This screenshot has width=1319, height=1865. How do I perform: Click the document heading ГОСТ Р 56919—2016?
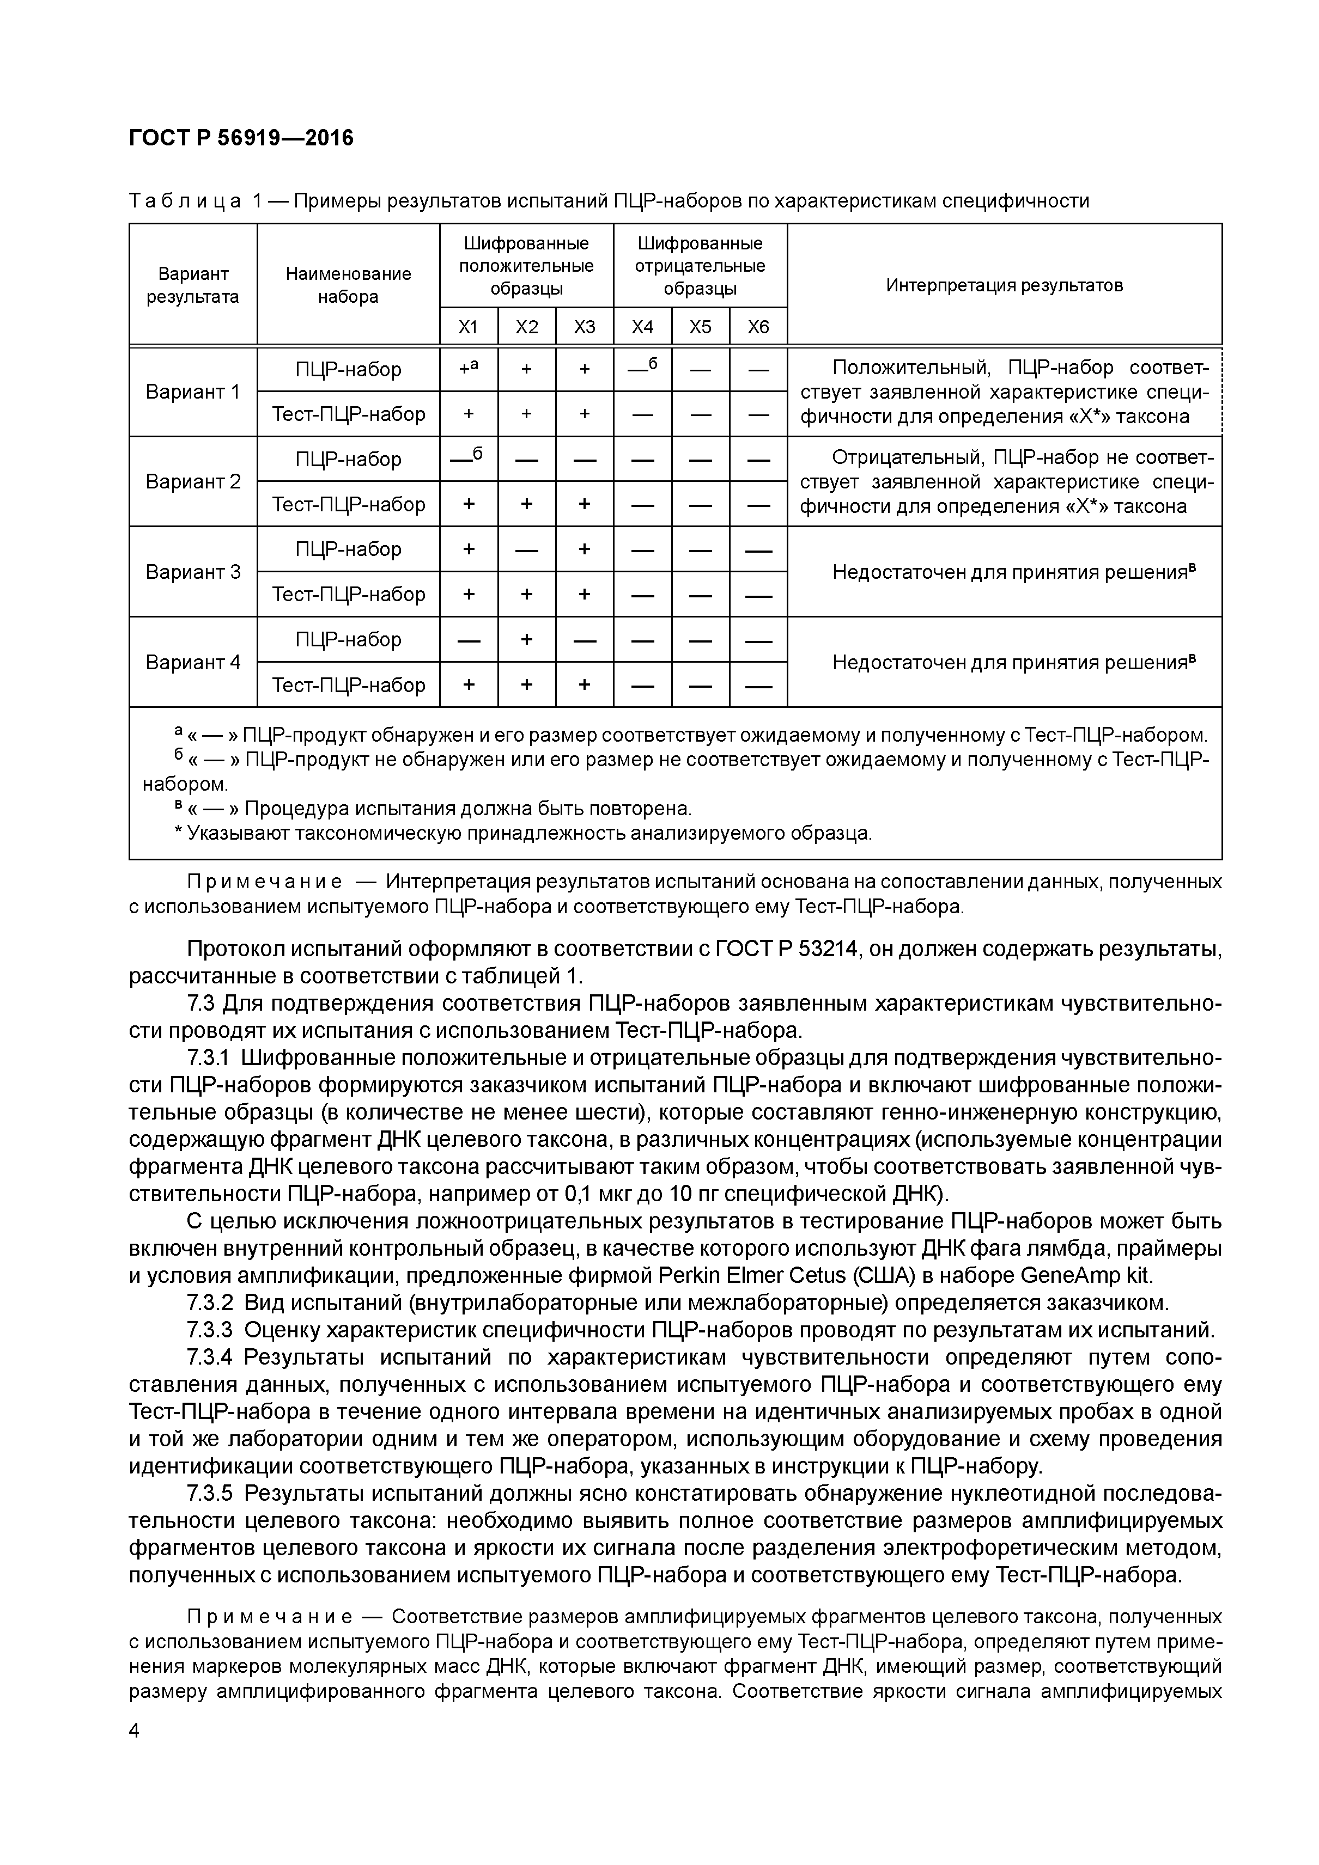tap(241, 138)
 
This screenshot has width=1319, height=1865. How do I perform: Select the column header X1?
tap(468, 327)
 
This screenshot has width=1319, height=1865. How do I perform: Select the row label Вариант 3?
tap(193, 572)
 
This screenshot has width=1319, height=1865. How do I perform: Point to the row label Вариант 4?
tap(193, 662)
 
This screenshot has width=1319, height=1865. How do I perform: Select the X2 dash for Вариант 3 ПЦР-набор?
tap(527, 550)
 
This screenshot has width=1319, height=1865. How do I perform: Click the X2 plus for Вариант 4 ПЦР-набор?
tap(527, 640)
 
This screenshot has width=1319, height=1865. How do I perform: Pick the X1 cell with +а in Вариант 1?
tap(468, 369)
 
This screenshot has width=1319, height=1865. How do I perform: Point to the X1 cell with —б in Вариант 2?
tap(468, 459)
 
